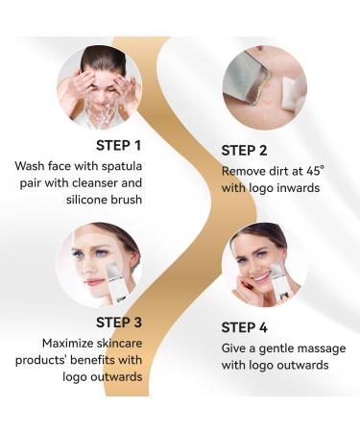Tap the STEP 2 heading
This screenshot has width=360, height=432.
pyautogui.click(x=252, y=150)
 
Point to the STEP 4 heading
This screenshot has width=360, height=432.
pyautogui.click(x=251, y=327)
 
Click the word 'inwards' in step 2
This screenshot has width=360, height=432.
pyautogui.click(x=296, y=187)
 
